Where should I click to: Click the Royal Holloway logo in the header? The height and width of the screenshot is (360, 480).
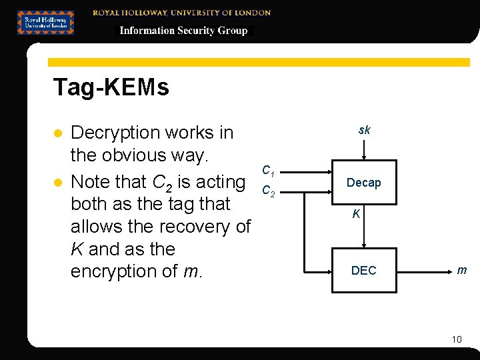pos(45,22)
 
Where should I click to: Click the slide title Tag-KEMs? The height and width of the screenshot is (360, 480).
pos(111,87)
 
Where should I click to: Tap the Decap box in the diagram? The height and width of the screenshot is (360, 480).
pos(363,183)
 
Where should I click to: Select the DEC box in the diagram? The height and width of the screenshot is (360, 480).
pos(363,270)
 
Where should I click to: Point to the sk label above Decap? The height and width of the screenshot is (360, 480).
pos(364,130)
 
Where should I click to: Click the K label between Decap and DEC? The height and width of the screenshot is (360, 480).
pos(357,215)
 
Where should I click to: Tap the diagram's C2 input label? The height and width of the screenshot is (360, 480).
pos(268,191)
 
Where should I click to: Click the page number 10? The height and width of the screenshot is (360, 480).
pos(457,339)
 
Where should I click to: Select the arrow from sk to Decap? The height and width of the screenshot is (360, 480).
pos(363,150)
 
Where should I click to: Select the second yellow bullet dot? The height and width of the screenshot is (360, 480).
pos(57,182)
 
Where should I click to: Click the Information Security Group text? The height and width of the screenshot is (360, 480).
pos(183,31)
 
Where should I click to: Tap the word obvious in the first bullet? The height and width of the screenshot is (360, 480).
pos(134,155)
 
